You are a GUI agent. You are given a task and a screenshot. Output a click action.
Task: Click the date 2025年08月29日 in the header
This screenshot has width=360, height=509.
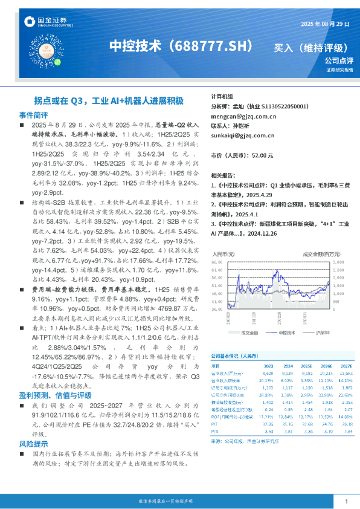[x=324, y=24]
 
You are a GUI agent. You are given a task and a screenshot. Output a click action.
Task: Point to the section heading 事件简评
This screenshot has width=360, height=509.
[x=33, y=114]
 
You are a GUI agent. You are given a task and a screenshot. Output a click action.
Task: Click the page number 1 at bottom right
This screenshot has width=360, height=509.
[x=345, y=502]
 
